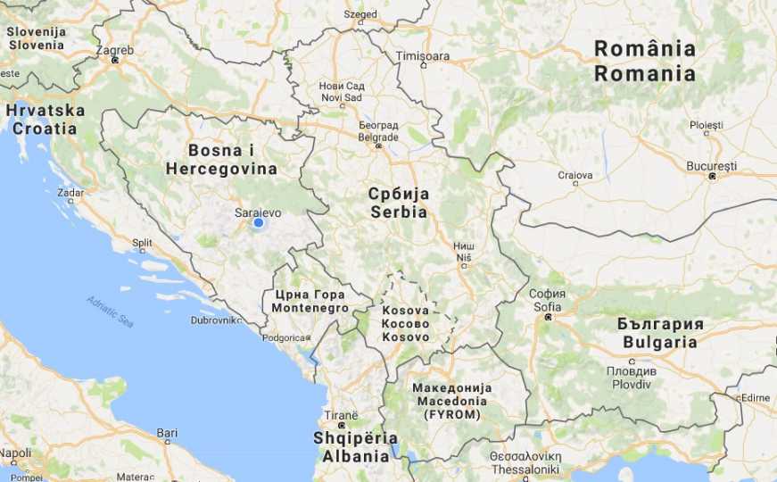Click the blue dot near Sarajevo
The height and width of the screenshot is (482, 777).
pos(259,223)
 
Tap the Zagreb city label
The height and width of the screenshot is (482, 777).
pos(115,51)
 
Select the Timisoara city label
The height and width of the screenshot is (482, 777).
pos(423,56)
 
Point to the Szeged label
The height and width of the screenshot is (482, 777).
pos(360,14)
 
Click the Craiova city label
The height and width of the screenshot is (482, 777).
pos(575,175)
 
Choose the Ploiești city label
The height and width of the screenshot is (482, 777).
pos(706,125)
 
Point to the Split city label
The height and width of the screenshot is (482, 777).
pos(142,242)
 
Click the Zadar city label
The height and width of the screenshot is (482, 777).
pos(70,192)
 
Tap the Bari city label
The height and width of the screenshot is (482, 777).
pos(167,433)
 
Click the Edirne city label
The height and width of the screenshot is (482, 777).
pos(755,397)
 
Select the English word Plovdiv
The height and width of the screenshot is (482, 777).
pos(632,384)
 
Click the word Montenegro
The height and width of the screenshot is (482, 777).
pos(310,308)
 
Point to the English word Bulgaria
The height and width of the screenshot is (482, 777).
pos(660,342)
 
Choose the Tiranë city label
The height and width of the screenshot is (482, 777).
pos(341,416)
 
